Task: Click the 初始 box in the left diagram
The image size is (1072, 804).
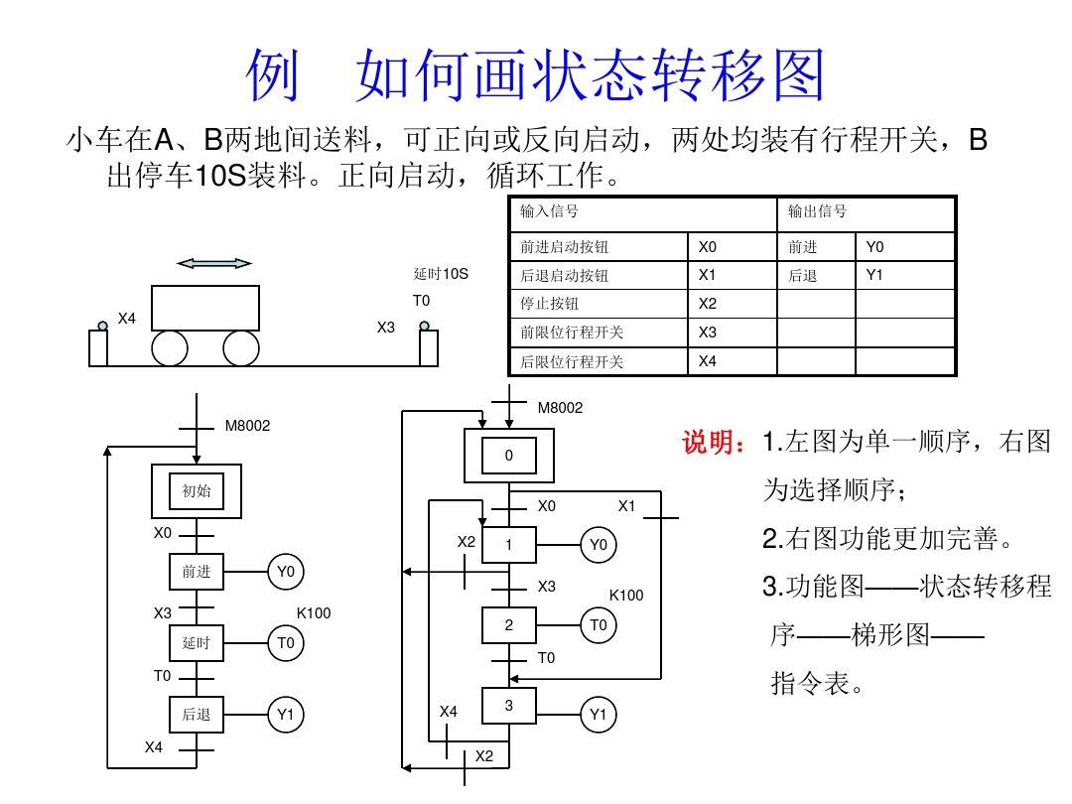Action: click(197, 490)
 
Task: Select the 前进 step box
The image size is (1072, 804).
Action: click(197, 572)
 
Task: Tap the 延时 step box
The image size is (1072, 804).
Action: click(197, 643)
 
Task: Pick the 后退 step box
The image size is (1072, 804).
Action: click(197, 715)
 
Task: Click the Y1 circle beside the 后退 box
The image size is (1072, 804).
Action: click(286, 715)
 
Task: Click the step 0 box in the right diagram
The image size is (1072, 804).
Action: click(509, 456)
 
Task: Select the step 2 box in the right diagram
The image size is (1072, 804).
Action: click(509, 625)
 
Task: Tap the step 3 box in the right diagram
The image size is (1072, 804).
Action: click(509, 706)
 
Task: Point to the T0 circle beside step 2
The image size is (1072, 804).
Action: click(598, 625)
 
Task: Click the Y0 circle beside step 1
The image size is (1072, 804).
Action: click(598, 544)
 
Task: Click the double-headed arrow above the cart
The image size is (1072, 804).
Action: click(213, 263)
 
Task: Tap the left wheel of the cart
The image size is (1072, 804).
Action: click(170, 348)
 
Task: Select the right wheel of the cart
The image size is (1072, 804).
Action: click(241, 348)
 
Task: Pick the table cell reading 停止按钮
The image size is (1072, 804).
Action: click(550, 304)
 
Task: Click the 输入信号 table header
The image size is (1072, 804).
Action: click(550, 211)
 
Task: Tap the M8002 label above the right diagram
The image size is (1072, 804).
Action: click(561, 408)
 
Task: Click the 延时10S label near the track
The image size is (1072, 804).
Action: click(441, 274)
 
